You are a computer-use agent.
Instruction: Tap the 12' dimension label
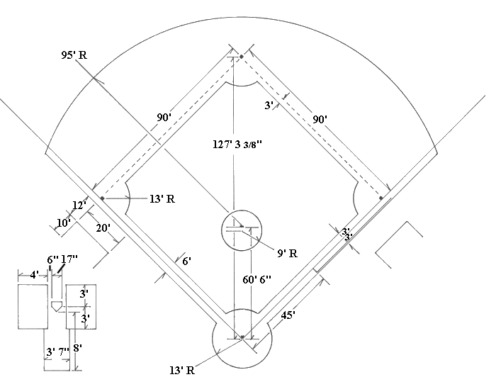point(79,205)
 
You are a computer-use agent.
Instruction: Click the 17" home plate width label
point(69,259)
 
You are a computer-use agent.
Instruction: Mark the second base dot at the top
point(241,56)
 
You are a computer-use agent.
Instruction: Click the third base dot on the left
point(102,198)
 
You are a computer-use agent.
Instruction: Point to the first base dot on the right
point(381,198)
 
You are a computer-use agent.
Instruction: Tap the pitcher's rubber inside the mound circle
point(233,228)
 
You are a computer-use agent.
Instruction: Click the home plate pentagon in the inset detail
point(56,305)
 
